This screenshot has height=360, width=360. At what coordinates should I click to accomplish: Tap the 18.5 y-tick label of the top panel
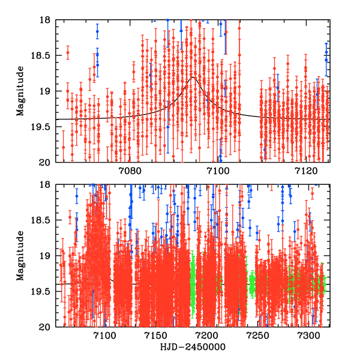(43, 55)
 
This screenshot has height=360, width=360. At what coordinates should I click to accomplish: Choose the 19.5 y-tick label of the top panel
(43, 127)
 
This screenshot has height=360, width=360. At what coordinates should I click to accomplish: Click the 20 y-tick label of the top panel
(48, 162)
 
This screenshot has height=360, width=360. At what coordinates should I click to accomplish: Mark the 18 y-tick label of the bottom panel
(48, 185)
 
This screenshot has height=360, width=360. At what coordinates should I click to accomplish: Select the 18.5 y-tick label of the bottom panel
(43, 220)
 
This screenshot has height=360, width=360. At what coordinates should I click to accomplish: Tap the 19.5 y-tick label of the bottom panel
(43, 292)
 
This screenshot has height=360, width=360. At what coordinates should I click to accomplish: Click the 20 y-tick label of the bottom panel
(48, 327)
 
